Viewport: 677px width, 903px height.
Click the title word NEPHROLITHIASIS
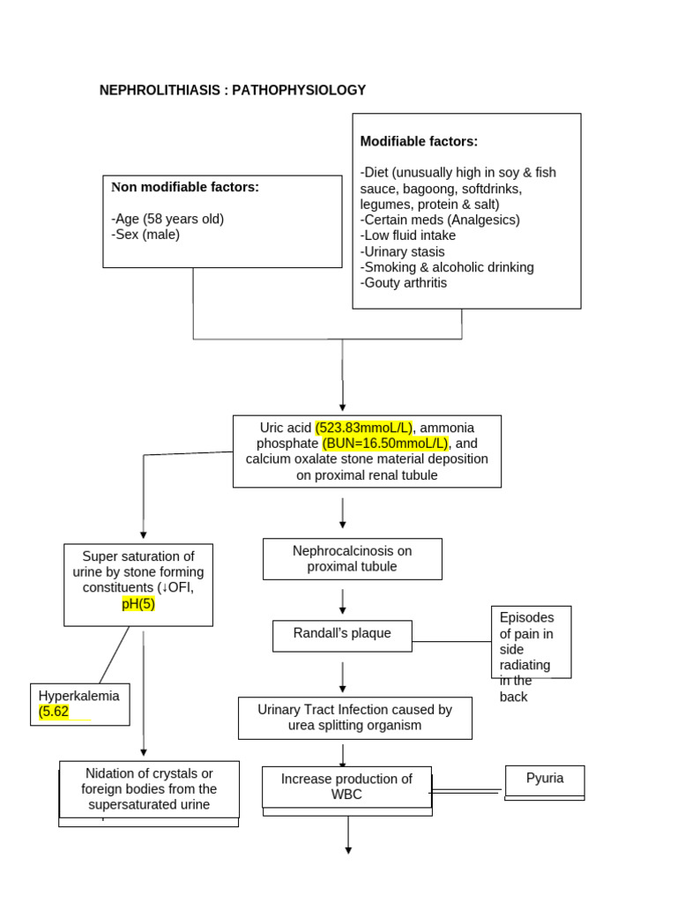point(162,90)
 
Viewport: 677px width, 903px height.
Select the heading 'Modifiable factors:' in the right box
point(419,141)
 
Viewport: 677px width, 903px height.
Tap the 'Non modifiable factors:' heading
point(185,187)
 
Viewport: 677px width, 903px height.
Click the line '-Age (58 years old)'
point(167,219)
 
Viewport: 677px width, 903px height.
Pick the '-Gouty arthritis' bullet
point(404,283)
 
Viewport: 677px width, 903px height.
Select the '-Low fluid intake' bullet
point(408,235)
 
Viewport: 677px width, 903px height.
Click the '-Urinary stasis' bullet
point(403,251)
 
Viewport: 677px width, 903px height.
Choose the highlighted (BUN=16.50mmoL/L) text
point(386,443)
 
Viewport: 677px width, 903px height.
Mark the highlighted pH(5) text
point(138,604)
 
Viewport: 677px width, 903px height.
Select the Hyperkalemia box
point(79,704)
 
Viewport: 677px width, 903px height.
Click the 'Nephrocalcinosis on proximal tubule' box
point(353,559)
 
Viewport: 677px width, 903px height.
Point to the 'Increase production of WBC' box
point(346,787)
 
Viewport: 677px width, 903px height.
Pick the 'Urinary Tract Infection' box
point(354,718)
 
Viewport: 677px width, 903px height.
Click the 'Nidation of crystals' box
point(149,789)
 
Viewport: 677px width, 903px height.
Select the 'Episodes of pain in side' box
point(531,641)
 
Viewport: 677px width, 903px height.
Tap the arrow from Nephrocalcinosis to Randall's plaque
point(343,601)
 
